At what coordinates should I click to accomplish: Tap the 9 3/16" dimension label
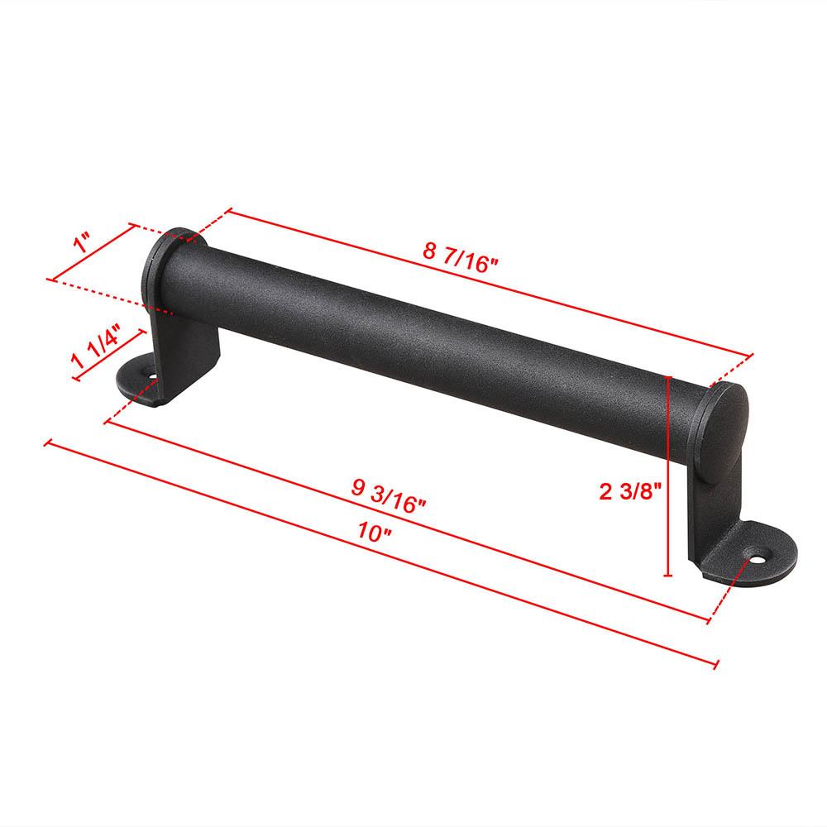coord(389,494)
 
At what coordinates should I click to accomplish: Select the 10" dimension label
coord(375,533)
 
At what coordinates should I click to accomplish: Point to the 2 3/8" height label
coord(630,492)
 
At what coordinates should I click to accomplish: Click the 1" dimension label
coord(80,246)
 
